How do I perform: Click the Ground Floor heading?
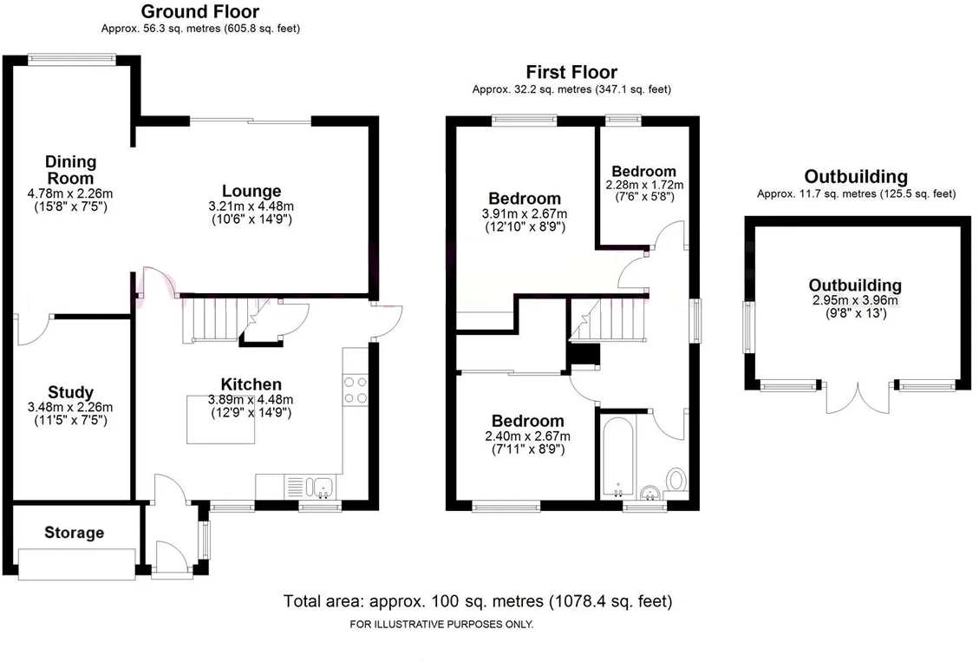pos(199,12)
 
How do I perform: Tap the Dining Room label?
pos(70,170)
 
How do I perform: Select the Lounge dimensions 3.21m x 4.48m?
pos(251,206)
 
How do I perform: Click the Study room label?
pos(71,393)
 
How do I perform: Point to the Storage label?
pos(74,533)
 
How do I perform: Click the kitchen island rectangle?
pos(221,419)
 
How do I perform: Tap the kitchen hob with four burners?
pos(355,390)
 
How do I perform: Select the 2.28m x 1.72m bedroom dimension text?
pos(644,185)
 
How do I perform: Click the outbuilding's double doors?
pos(857,397)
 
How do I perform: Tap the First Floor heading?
pos(571,72)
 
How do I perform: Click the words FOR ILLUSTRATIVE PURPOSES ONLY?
pos(441,625)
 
